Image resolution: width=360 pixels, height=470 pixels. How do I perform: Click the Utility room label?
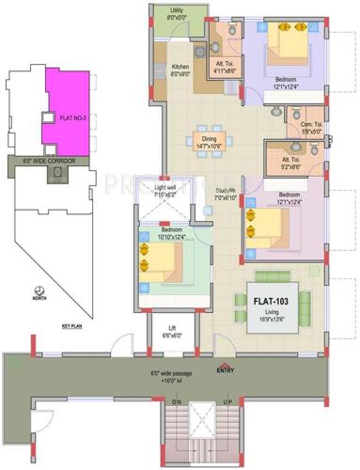[176, 14]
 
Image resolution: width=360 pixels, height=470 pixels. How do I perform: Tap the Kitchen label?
[181, 71]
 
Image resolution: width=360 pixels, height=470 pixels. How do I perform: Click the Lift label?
[170, 332]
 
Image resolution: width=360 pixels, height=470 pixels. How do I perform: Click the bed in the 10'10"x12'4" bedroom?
[164, 266]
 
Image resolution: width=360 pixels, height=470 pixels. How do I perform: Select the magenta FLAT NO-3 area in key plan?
[65, 112]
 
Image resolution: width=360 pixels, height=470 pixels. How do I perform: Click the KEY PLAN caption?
[72, 325]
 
